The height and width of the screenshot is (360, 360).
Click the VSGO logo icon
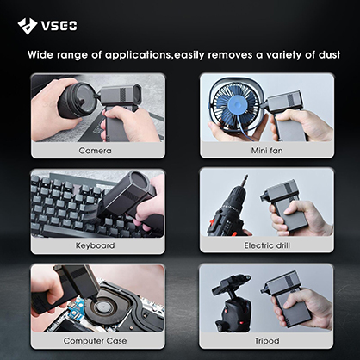click(28, 26)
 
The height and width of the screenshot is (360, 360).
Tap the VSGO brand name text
click(59, 26)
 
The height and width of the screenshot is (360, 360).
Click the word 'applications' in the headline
click(138, 54)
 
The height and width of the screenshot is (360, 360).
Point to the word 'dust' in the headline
click(329, 54)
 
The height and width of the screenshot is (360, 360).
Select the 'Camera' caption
click(95, 151)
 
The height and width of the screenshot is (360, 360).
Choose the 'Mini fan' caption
click(267, 151)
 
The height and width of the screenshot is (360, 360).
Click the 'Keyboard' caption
click(95, 245)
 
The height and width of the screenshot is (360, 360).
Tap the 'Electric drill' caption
click(267, 245)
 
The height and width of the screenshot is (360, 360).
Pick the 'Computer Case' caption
click(95, 341)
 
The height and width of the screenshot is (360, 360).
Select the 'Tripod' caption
click(267, 341)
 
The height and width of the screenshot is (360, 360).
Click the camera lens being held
click(77, 99)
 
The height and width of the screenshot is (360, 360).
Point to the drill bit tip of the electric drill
click(245, 175)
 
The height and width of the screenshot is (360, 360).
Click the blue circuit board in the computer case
click(76, 309)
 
